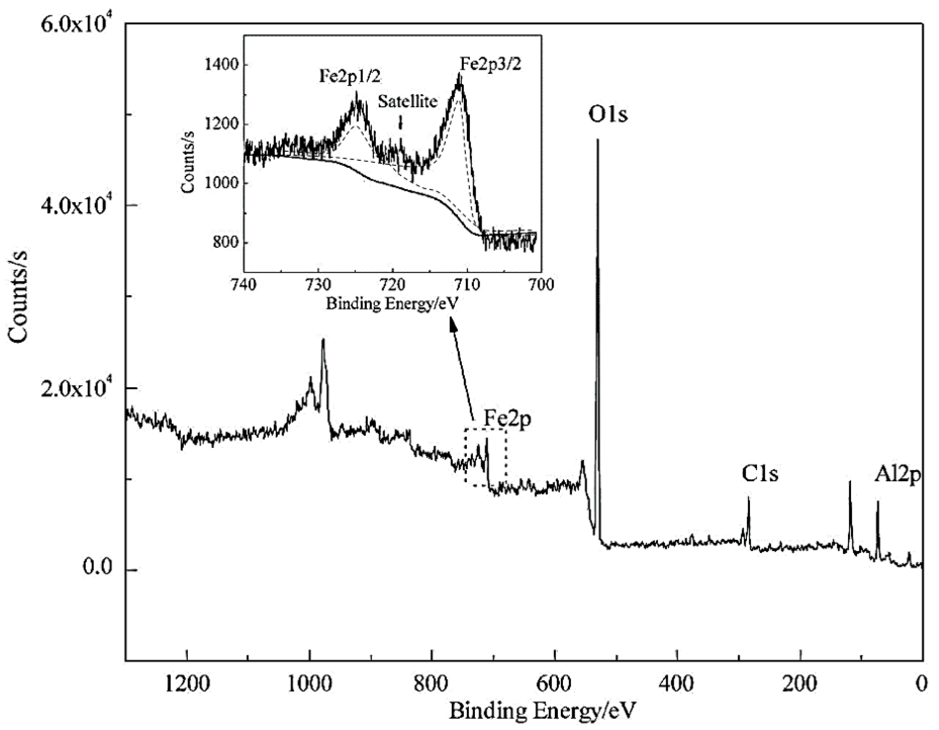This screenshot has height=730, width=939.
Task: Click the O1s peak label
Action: pyautogui.click(x=608, y=115)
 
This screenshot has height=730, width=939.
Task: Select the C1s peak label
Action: pyautogui.click(x=760, y=474)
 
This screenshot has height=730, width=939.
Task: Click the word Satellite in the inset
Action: pyautogui.click(x=408, y=101)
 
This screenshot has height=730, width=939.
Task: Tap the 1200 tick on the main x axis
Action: pyautogui.click(x=187, y=684)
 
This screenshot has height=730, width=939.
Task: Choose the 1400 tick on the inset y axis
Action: pyautogui.click(x=221, y=65)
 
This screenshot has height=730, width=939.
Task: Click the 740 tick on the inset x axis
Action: pyautogui.click(x=244, y=285)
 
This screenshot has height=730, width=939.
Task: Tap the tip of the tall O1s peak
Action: pyautogui.click(x=597, y=140)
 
